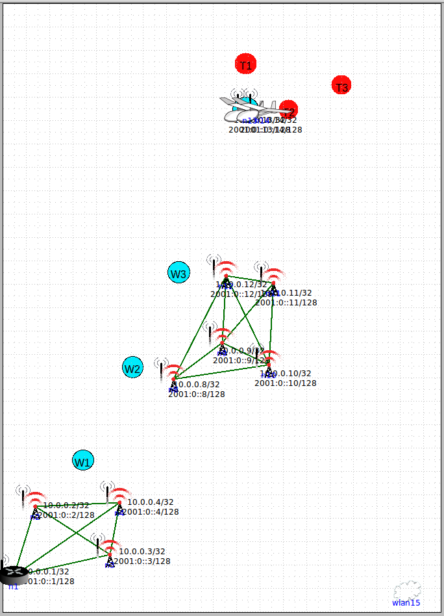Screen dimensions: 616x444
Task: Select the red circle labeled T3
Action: click(341, 85)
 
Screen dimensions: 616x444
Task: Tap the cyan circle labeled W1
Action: click(83, 461)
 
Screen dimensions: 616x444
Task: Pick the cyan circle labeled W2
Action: click(132, 368)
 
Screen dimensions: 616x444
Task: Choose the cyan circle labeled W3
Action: click(179, 273)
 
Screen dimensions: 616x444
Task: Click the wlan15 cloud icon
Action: click(407, 590)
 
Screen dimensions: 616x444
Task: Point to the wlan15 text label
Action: click(406, 603)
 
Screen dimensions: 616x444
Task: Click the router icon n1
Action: click(13, 574)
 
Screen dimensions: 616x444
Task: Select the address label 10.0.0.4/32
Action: click(151, 502)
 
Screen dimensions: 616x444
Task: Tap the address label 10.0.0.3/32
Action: click(142, 552)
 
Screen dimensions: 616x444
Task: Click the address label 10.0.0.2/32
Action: click(66, 506)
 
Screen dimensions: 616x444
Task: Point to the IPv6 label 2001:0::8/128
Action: click(197, 394)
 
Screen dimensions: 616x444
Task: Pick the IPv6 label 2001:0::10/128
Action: click(286, 383)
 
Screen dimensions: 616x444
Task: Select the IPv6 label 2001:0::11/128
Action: click(286, 302)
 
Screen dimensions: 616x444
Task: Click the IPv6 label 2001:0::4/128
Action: click(151, 512)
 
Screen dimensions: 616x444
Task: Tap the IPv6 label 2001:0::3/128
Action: click(142, 561)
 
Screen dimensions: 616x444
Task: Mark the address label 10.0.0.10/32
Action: click(288, 374)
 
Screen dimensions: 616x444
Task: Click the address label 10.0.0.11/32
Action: click(290, 293)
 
